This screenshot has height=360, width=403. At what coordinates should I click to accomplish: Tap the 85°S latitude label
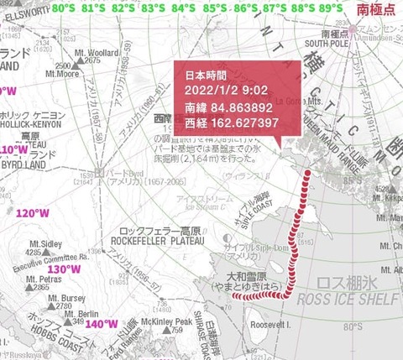coord(213,8)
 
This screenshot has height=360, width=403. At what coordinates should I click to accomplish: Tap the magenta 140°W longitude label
coord(102,324)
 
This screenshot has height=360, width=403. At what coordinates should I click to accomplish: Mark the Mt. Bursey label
coord(67,298)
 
